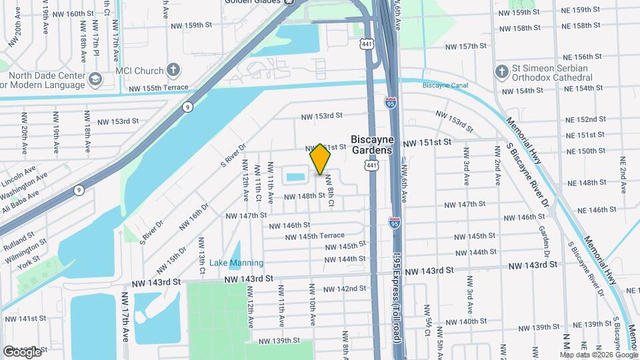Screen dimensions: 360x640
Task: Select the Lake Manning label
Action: coord(236,263)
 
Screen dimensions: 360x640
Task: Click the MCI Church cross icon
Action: coord(173,70)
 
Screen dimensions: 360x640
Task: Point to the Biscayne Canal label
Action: coord(445,85)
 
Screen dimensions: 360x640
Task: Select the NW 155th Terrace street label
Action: coord(159,88)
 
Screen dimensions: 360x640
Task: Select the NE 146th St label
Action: coord(597,209)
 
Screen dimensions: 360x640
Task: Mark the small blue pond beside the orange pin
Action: coord(295,177)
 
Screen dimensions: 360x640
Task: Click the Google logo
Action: coord(21,351)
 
